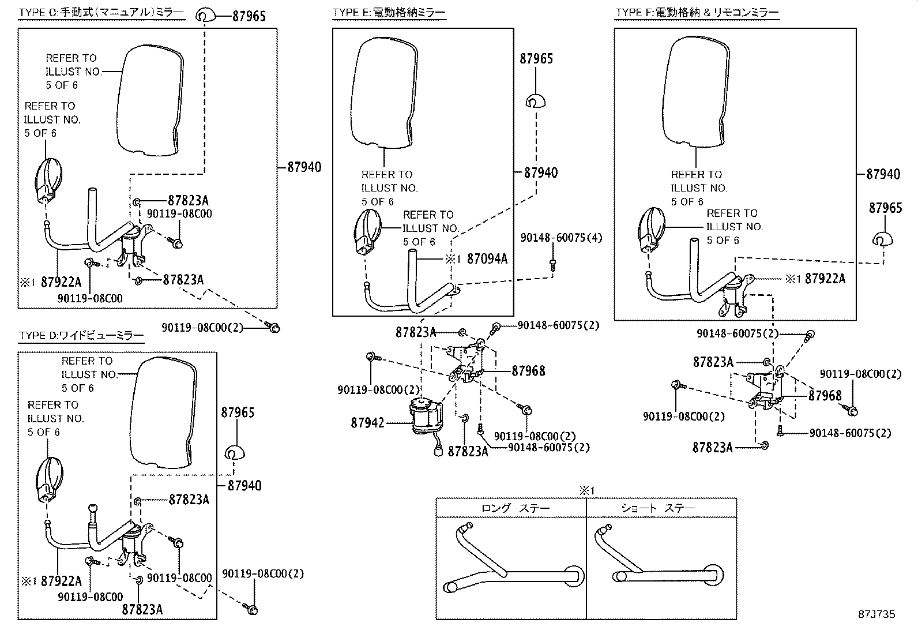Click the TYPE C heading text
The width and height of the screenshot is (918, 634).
(x=101, y=12)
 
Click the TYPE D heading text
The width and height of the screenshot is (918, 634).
(x=81, y=335)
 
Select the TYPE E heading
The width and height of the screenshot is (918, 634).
(x=389, y=12)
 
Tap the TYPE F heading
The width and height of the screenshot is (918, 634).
(x=697, y=12)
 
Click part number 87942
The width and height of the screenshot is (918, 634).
(x=367, y=423)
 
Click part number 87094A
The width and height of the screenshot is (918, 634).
(x=487, y=259)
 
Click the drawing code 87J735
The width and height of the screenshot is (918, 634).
(x=876, y=614)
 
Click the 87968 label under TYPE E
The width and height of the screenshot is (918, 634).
(x=528, y=371)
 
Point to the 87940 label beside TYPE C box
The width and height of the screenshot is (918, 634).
(x=304, y=167)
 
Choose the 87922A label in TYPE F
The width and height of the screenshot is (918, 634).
(x=825, y=279)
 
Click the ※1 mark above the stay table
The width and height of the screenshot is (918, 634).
(x=586, y=490)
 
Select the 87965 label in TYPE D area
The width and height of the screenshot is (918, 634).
(x=237, y=412)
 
